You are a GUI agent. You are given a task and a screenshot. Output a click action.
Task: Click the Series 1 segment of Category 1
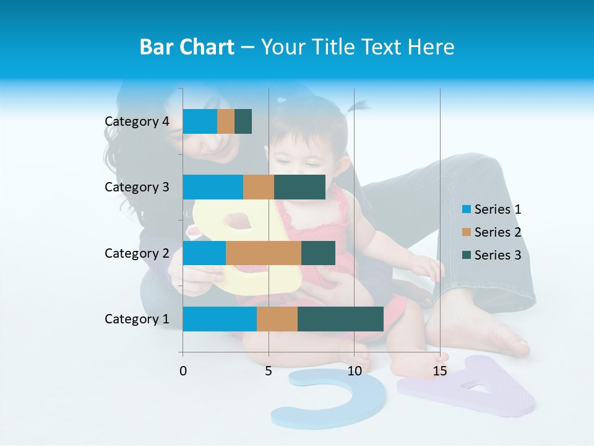pyautogui.click(x=220, y=318)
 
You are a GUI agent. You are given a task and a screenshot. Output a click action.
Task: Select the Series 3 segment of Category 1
pyautogui.click(x=340, y=318)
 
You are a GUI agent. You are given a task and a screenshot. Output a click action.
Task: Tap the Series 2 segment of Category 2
pyautogui.click(x=264, y=253)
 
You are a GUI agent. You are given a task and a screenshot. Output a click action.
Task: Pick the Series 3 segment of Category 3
pyautogui.click(x=299, y=187)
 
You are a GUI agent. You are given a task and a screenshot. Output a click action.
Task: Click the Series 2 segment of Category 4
pyautogui.click(x=226, y=121)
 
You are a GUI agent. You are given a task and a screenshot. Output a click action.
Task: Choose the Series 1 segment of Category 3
pyautogui.click(x=213, y=187)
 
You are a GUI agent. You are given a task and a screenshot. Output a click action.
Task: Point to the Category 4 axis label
pyautogui.click(x=137, y=121)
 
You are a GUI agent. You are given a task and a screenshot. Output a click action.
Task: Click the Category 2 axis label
pyautogui.click(x=137, y=253)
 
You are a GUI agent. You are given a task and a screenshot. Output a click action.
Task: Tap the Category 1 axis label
pyautogui.click(x=137, y=319)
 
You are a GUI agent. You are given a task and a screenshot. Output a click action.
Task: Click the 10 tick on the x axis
pyautogui.click(x=354, y=371)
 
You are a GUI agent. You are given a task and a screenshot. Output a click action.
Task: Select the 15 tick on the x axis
pyautogui.click(x=440, y=371)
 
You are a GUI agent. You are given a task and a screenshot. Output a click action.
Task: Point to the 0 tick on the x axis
pyautogui.click(x=183, y=371)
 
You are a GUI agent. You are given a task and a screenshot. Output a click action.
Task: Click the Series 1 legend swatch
pyautogui.click(x=465, y=209)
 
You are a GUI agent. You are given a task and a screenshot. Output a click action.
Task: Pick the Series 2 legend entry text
pyautogui.click(x=497, y=232)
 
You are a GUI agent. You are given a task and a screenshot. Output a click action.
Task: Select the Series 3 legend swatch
pyautogui.click(x=465, y=255)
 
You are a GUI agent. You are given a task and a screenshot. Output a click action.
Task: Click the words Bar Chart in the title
pyautogui.click(x=186, y=47)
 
